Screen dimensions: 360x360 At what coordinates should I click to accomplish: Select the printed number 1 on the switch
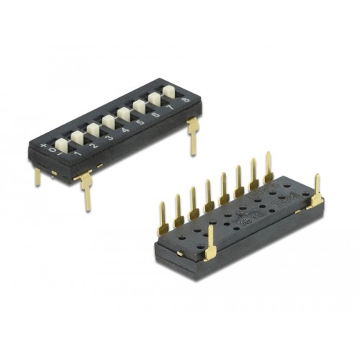(78, 152)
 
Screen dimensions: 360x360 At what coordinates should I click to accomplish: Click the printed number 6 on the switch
(156, 115)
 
